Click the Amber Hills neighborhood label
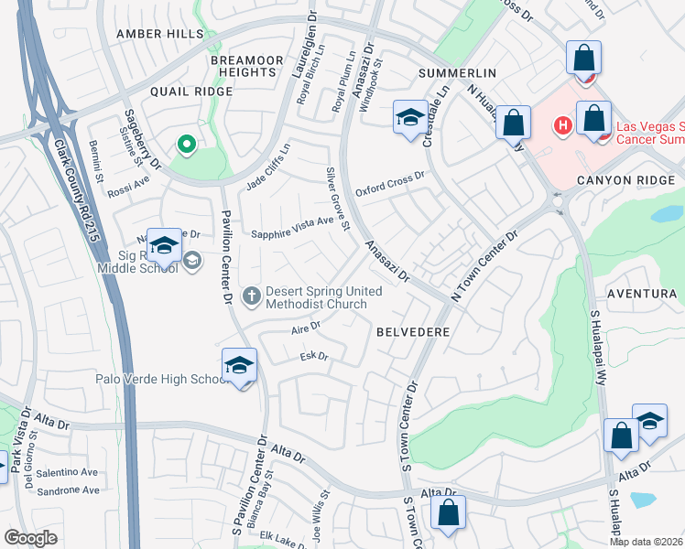[159, 34]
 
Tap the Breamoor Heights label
[246, 66]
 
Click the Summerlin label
[457, 72]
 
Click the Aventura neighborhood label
[647, 294]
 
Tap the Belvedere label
[413, 332]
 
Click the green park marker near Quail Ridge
[186, 144]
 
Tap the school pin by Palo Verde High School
[239, 366]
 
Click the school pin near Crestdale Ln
[409, 117]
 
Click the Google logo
[30, 538]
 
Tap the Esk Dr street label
[314, 356]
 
